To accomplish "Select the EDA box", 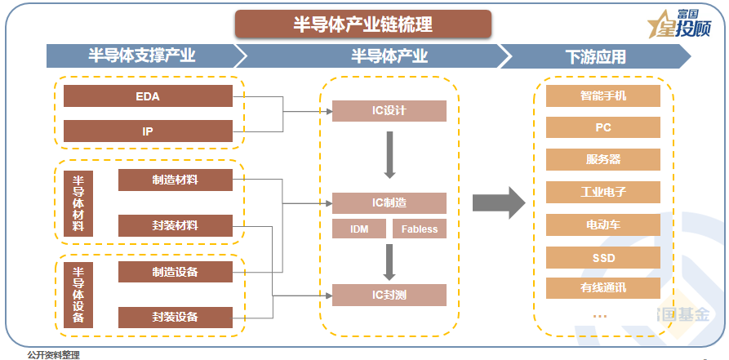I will (x=148, y=96).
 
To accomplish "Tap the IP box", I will (x=148, y=131).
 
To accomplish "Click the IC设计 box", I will (x=389, y=111).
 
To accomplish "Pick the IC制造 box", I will (x=389, y=202).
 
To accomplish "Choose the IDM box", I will (x=359, y=229).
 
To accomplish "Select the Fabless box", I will (x=420, y=229).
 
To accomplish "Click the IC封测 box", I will (x=389, y=295).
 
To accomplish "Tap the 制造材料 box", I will (x=175, y=180).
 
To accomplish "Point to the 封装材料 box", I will (x=175, y=225).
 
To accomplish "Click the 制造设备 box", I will (x=175, y=271).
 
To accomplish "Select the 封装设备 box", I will (x=175, y=317).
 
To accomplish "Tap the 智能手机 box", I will (x=603, y=96).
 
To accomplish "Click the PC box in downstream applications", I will (x=603, y=128).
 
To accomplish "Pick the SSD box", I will (x=603, y=258).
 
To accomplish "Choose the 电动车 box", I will (x=603, y=225).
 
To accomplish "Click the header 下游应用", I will (x=596, y=56).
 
